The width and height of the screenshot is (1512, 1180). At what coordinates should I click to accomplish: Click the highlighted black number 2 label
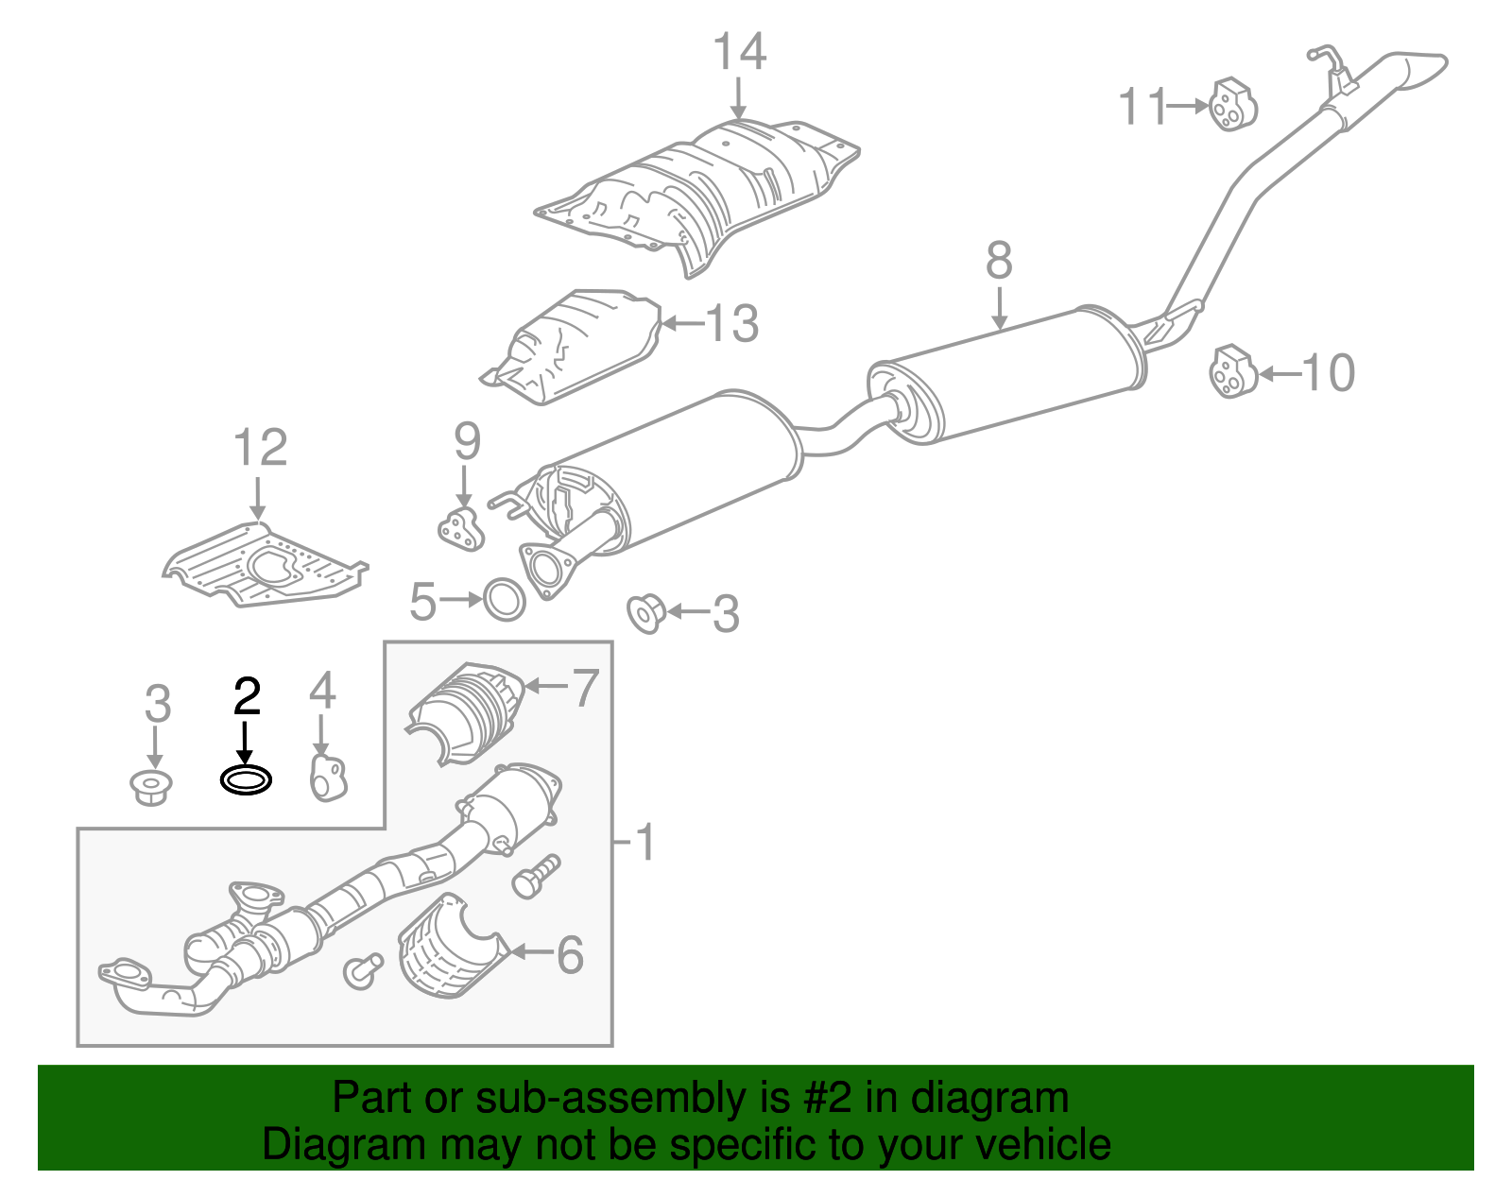[x=247, y=697]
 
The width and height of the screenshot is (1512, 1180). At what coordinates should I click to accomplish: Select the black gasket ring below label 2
[x=246, y=780]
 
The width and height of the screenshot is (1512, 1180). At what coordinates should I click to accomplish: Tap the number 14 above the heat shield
[x=739, y=52]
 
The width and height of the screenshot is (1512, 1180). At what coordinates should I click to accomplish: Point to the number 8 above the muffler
[x=999, y=261]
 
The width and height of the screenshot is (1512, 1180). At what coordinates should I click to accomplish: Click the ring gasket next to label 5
[x=505, y=599]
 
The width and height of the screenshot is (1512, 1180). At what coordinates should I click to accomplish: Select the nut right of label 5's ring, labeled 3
[x=647, y=613]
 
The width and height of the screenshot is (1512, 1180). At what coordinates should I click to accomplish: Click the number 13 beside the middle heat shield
[x=731, y=323]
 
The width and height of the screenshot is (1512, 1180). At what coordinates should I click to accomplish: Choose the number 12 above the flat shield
[x=260, y=448]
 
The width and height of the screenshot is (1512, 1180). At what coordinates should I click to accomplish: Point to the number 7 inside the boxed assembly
[x=586, y=687]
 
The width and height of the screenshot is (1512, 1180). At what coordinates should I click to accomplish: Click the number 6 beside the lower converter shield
[x=570, y=955]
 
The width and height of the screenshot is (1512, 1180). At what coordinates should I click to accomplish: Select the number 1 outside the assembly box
[x=644, y=841]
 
